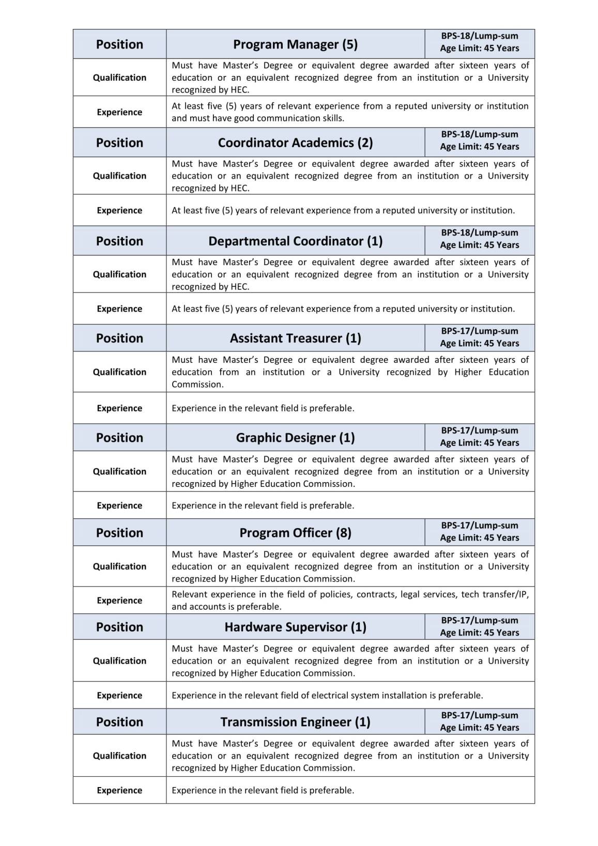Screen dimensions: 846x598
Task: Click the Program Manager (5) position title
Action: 295,44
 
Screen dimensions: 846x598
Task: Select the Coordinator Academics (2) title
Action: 295,143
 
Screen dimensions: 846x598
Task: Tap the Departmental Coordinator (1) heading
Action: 295,241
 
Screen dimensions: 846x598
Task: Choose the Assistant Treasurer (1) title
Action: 295,339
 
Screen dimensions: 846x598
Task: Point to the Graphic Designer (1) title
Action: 295,438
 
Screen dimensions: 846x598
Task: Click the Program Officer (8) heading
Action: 295,533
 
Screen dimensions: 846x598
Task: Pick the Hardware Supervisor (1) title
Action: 295,627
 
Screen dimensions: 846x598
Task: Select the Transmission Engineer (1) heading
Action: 295,722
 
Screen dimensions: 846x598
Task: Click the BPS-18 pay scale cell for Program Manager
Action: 479,42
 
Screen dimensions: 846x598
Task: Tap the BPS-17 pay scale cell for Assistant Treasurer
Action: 479,337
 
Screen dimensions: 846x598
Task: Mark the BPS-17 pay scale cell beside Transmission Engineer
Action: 479,721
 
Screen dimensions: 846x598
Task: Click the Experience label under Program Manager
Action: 119,112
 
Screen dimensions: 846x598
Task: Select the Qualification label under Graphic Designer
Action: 119,471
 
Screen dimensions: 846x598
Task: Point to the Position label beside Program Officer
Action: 119,533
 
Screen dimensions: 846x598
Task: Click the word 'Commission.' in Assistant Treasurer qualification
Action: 197,384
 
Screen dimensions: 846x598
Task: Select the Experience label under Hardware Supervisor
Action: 119,696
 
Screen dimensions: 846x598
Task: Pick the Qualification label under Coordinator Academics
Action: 119,176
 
